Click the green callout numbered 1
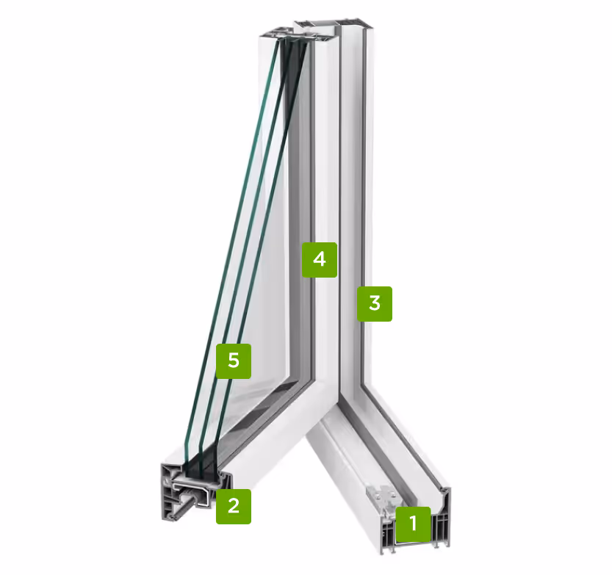point(414,524)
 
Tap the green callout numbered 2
point(234,507)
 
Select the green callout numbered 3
point(375,304)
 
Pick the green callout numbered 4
point(320,260)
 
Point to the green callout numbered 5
point(234,361)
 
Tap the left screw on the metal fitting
point(377,496)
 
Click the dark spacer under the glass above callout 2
point(203,469)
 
